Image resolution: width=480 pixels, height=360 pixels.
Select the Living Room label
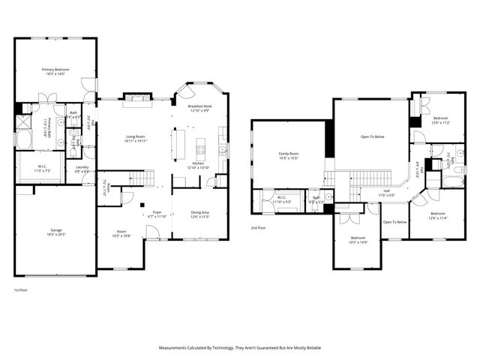click(x=135, y=136)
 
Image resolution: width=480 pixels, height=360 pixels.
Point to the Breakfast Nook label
click(x=200, y=106)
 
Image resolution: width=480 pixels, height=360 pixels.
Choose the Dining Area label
click(x=199, y=213)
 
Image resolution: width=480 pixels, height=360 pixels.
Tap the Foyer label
click(x=157, y=212)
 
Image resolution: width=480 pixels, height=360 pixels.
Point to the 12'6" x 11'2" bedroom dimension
click(x=440, y=123)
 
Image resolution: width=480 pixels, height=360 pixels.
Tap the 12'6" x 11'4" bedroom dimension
click(x=437, y=219)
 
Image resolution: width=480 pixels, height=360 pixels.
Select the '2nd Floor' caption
click(x=259, y=227)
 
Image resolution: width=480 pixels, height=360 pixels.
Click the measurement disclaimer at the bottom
click(x=240, y=348)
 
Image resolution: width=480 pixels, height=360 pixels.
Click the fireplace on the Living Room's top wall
click(x=136, y=97)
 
